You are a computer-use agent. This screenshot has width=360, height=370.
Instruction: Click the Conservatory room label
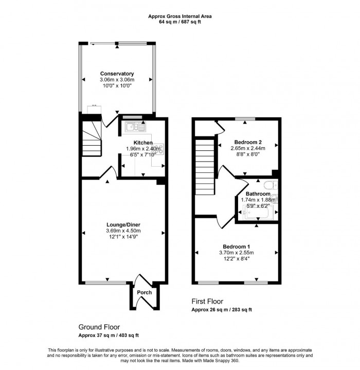(x=117, y=74)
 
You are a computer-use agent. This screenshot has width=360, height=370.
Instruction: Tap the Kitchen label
(x=143, y=143)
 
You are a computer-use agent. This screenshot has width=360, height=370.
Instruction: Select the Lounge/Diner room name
(x=123, y=225)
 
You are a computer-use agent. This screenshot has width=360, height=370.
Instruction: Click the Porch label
(x=145, y=292)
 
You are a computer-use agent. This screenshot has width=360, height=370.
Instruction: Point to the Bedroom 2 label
(x=248, y=143)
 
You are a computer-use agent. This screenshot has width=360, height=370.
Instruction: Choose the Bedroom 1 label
(x=237, y=246)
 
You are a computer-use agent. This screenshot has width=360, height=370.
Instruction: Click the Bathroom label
(x=258, y=193)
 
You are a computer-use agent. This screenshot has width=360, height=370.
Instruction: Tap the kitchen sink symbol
(x=135, y=128)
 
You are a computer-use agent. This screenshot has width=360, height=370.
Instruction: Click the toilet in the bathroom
(x=271, y=185)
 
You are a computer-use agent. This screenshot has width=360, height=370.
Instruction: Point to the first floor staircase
(x=205, y=167)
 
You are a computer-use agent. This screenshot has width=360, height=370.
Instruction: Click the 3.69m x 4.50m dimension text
(x=123, y=231)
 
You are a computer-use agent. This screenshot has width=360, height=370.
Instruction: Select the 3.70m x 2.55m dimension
(x=237, y=253)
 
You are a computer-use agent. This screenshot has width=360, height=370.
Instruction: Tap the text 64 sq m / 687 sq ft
(x=180, y=22)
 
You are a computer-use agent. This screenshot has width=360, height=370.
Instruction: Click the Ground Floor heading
(x=99, y=327)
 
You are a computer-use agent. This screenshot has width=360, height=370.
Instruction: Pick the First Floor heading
(x=207, y=302)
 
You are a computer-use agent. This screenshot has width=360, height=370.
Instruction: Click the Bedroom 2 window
(x=245, y=119)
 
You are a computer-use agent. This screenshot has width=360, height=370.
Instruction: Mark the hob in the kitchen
(x=160, y=149)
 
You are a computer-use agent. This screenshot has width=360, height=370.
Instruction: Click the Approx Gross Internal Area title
(x=180, y=16)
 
